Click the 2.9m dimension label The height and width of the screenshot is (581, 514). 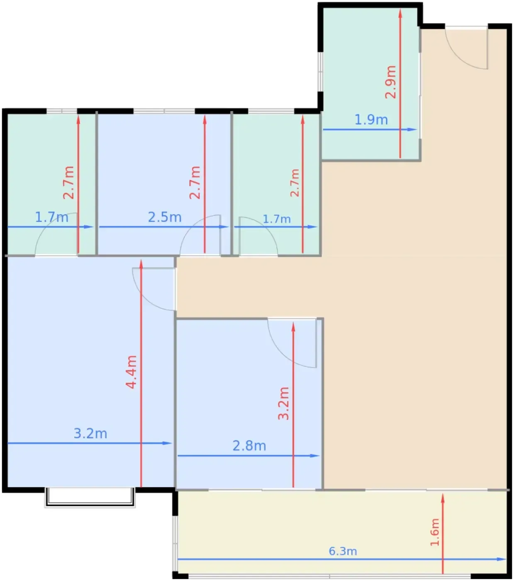coord(390,82)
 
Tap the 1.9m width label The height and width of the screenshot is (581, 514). coord(371,120)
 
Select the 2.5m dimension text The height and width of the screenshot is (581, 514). coord(165,217)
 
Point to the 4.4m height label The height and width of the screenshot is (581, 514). coord(131,372)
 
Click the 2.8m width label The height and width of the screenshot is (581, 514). coord(249,445)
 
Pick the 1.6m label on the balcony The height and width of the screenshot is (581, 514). coord(435,532)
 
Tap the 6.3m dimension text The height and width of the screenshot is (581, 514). coord(343,551)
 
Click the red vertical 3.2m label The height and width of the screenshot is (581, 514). coord(283,403)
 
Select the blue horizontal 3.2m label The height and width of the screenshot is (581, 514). coord(90,433)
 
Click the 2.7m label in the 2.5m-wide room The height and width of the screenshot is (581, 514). coord(195,182)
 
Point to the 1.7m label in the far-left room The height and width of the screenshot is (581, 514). coord(51,217)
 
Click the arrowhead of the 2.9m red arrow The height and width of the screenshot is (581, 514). coord(400,13)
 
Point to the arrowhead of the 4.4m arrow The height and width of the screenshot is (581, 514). coord(141,264)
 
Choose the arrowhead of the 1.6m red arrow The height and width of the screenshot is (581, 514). coord(443,498)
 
